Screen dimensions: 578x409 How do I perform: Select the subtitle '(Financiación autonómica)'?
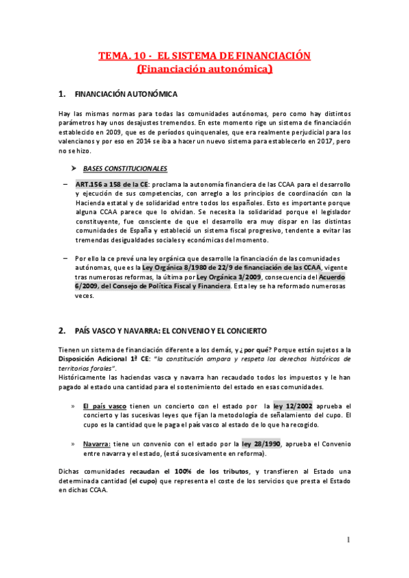pyautogui.click(x=204, y=69)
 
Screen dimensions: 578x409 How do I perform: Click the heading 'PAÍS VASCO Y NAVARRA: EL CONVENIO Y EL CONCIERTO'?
pyautogui.click(x=171, y=331)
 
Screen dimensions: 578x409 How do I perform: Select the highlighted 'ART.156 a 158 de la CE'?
pyautogui.click(x=112, y=184)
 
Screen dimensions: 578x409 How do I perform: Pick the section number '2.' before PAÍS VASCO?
pyautogui.click(x=62, y=331)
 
